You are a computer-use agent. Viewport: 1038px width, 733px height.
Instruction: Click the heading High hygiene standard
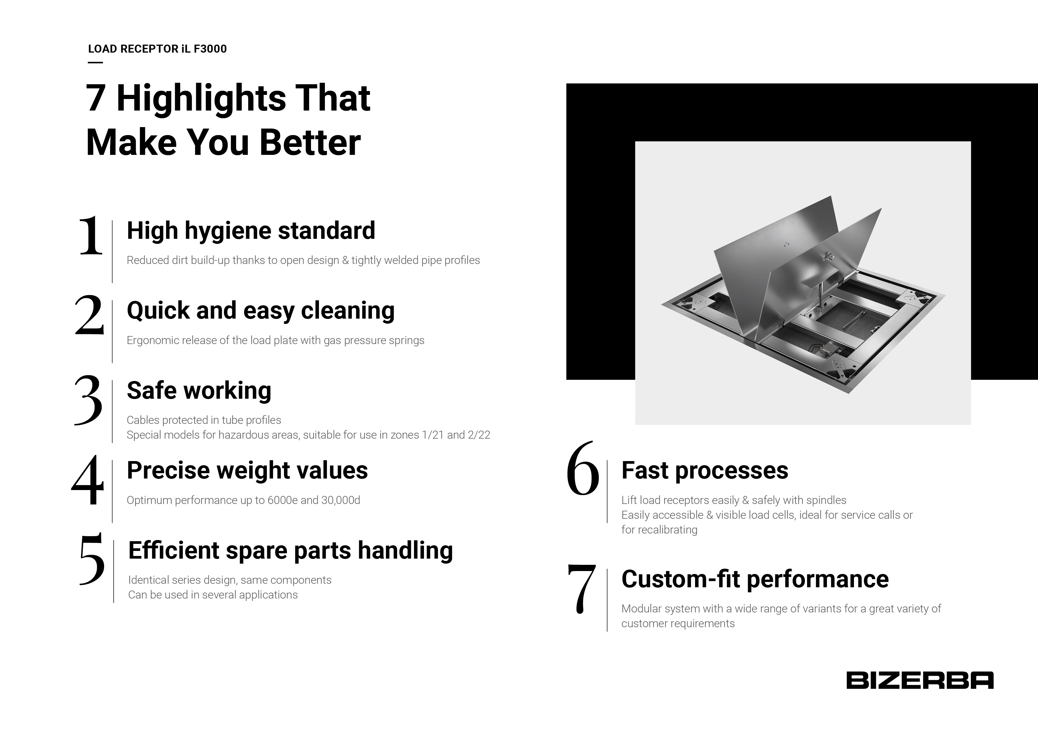[x=251, y=231]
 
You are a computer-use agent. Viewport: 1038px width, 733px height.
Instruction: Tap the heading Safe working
[x=199, y=391]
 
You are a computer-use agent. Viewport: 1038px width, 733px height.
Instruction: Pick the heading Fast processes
[x=704, y=471]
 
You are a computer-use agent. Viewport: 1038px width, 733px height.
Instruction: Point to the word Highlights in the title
[x=201, y=98]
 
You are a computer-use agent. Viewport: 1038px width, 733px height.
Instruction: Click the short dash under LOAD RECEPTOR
[x=95, y=62]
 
